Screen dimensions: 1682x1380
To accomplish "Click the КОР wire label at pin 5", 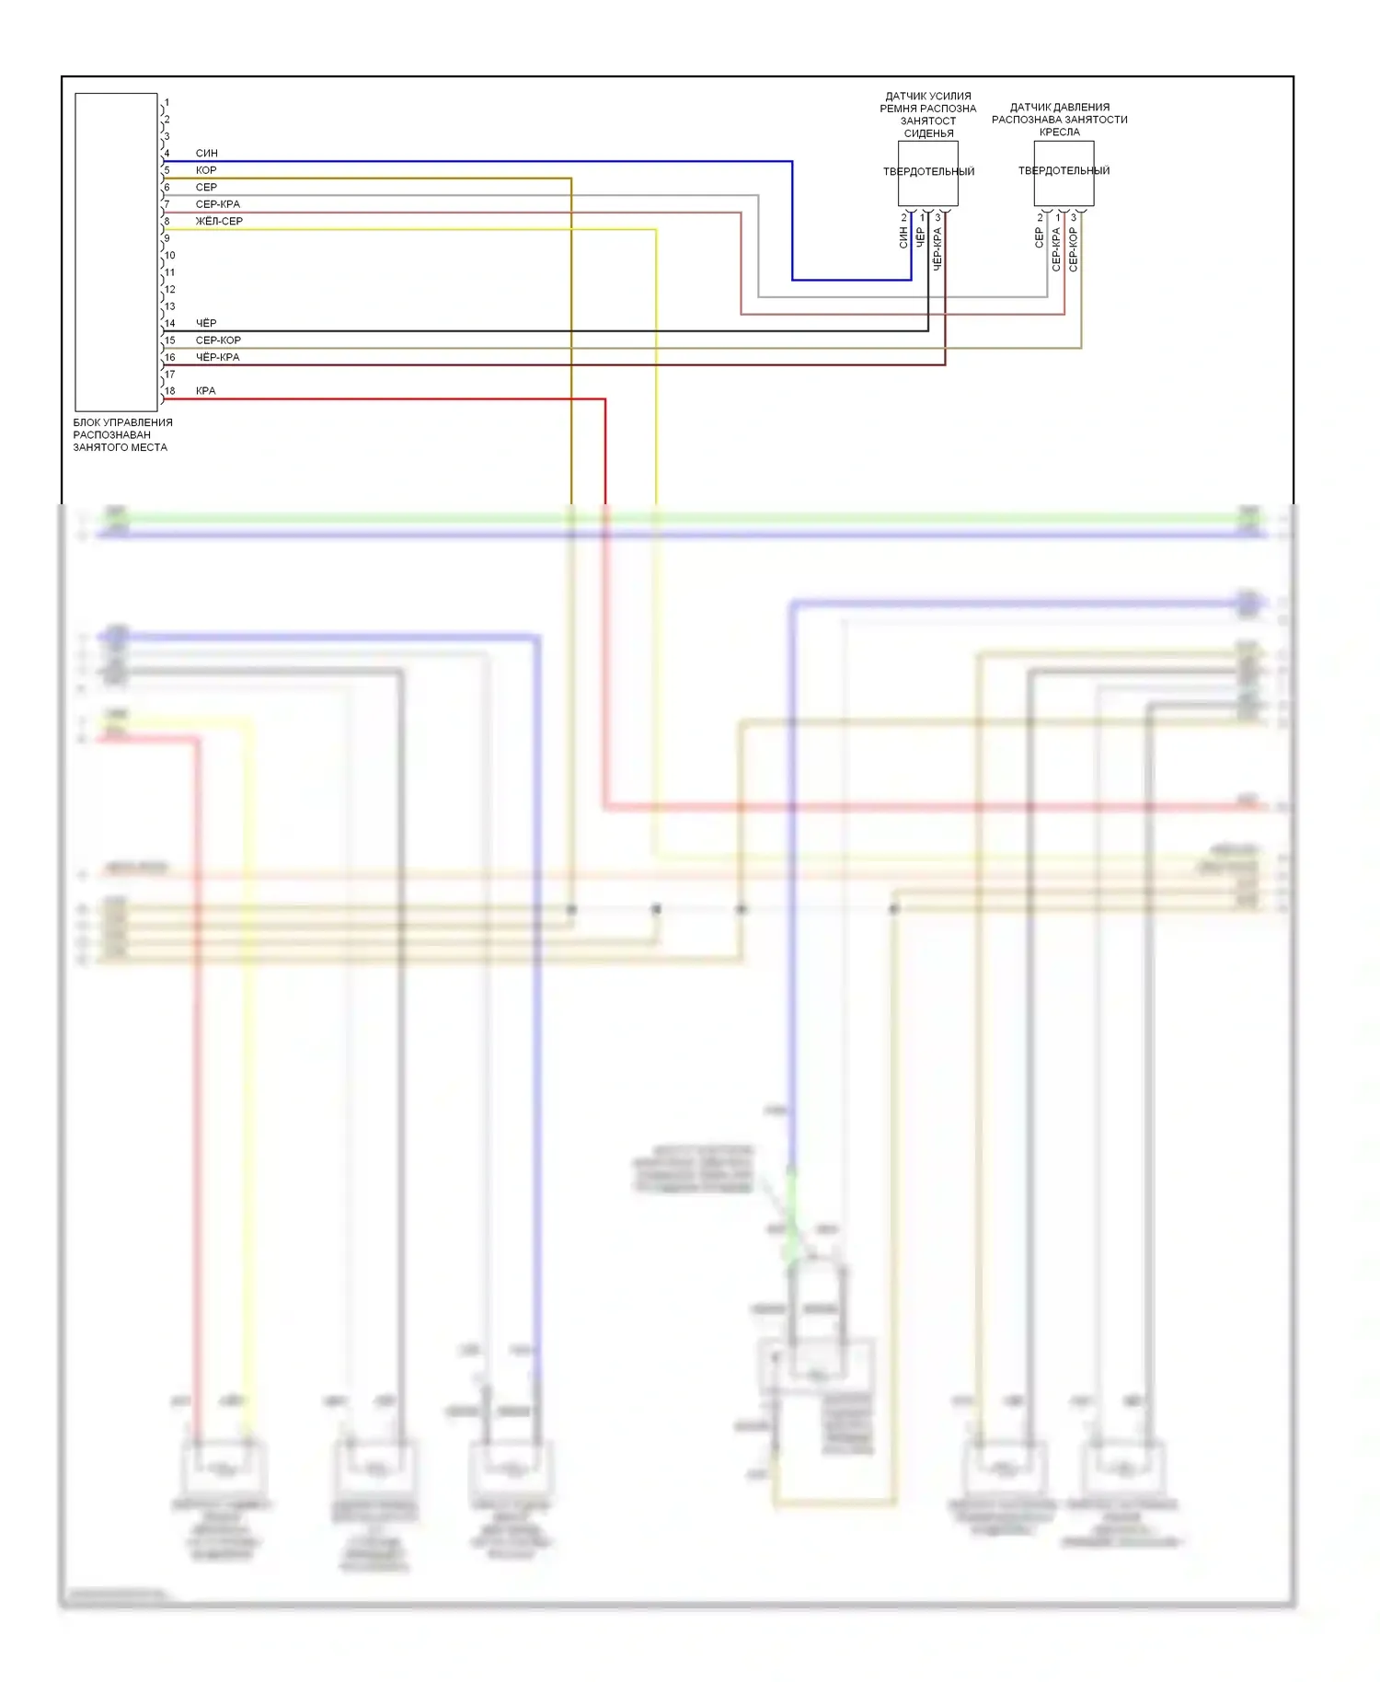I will pos(206,170).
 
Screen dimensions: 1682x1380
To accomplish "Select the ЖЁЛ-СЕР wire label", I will pos(219,221).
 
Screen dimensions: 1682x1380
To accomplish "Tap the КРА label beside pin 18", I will pos(205,391).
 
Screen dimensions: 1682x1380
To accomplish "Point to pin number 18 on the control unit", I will pos(169,391).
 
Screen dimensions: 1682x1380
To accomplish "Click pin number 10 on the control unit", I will pos(169,255).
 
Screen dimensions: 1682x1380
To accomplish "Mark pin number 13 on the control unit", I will pos(169,306).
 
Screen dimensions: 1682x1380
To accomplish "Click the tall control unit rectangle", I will pos(116,251).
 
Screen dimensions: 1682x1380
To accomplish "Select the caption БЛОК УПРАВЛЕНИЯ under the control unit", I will pos(122,422).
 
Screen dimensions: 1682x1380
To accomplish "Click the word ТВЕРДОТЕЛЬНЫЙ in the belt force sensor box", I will pos(928,171).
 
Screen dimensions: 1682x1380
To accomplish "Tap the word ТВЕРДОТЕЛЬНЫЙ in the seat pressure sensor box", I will pos(1064,170).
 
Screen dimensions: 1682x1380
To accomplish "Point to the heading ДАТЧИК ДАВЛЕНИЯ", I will pos(1060,107).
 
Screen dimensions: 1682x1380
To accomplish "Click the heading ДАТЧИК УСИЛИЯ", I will pos(928,96).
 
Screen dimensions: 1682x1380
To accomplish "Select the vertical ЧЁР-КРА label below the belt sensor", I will pos(937,248).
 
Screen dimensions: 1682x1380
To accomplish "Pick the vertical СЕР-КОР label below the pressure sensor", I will pos(1074,248).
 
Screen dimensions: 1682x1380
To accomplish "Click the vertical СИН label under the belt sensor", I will pos(903,238).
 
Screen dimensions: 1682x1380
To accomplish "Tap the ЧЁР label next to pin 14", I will pos(206,323).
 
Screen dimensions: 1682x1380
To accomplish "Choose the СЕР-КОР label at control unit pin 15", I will pos(218,340).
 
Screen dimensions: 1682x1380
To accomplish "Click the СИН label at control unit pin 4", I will pos(207,153).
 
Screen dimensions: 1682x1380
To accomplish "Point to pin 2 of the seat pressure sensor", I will pos(1040,218).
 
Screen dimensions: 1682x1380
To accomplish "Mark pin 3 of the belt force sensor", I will pos(937,218).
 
